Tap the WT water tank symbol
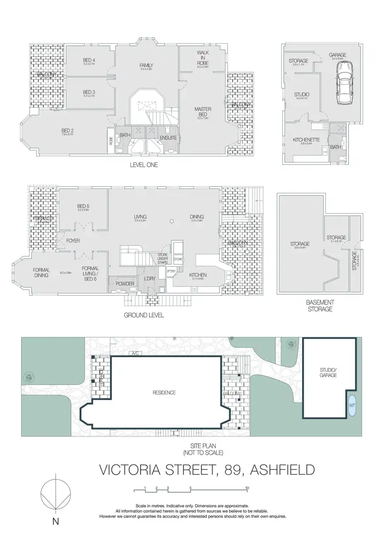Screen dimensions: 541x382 coord(352,405)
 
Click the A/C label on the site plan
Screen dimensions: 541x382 coord(135,353)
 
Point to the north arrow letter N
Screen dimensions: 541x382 coord(56,521)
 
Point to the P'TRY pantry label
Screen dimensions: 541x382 coord(171,272)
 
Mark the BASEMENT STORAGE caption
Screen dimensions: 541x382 coord(319,305)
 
